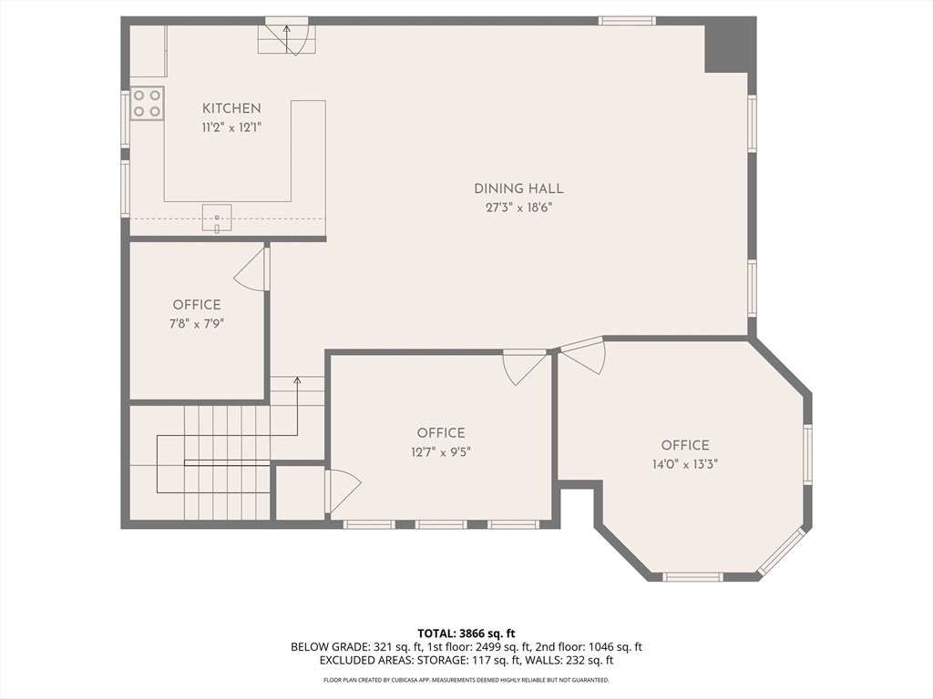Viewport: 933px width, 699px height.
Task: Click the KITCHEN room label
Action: (x=231, y=108)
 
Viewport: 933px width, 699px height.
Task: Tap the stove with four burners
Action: (x=147, y=103)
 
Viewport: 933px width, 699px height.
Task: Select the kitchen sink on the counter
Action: (x=217, y=218)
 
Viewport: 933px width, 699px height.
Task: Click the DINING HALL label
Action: (x=518, y=188)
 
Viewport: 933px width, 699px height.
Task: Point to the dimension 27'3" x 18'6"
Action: (x=518, y=207)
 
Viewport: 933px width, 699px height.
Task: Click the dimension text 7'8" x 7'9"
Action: (x=197, y=322)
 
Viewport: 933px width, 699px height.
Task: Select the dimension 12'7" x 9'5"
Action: (x=441, y=451)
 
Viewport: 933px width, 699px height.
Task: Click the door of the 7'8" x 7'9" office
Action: (x=253, y=270)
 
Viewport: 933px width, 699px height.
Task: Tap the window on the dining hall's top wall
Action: (x=627, y=21)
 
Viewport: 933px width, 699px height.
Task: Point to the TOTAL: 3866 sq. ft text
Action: (x=466, y=633)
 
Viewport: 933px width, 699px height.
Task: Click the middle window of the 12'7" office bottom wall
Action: (x=441, y=524)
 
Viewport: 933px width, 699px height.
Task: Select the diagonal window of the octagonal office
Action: (x=782, y=552)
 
